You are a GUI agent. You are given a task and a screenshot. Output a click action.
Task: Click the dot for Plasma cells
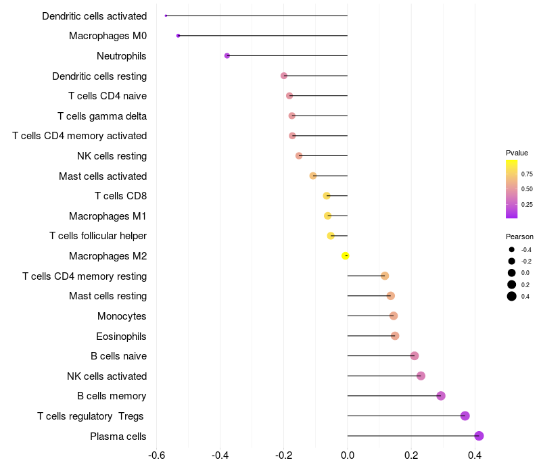pos(479,436)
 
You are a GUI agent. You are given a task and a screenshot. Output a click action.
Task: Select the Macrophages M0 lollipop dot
pos(178,36)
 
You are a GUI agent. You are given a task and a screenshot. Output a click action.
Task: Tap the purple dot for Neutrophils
pos(227,55)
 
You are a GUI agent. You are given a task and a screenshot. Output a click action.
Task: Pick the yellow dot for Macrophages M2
pos(346,255)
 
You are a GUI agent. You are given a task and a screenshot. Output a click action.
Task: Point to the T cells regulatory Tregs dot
pos(465,416)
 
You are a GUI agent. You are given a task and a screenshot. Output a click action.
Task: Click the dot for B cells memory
pos(441,396)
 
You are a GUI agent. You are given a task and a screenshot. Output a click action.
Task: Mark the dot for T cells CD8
pos(327,196)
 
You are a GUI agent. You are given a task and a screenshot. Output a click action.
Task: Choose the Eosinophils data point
pos(395,336)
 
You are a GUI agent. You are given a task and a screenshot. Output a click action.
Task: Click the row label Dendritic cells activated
pos(94,16)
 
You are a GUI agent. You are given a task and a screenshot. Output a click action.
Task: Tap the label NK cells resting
pos(112,156)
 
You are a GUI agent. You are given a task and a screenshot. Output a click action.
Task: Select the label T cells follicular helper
pos(98,236)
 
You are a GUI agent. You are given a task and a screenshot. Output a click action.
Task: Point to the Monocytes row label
pos(122,316)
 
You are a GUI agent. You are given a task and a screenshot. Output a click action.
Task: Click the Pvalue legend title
pos(517,153)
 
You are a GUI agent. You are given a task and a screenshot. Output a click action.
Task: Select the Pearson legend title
pos(519,236)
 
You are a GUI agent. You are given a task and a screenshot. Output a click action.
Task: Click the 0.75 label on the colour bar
pos(527,174)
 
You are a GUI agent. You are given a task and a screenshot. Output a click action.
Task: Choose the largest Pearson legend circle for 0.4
pos(512,296)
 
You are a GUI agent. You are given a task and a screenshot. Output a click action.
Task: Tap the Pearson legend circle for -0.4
pos(512,250)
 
